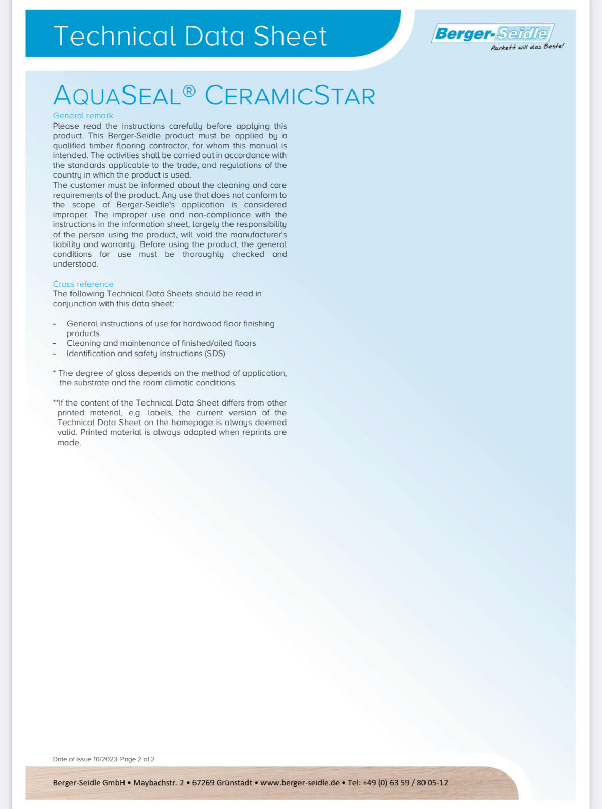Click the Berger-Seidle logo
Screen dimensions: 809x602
(492, 33)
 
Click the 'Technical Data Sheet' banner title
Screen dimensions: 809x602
(190, 36)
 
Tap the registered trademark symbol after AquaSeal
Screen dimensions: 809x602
(189, 91)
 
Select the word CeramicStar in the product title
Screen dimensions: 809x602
(290, 96)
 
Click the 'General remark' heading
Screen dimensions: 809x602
(83, 116)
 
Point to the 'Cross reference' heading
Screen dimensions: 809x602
(83, 284)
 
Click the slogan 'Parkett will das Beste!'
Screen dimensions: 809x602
(527, 47)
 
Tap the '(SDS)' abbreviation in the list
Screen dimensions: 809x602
(215, 354)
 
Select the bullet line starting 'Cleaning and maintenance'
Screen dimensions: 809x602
(161, 343)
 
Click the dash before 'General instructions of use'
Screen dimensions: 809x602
(55, 324)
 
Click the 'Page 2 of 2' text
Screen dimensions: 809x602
(137, 759)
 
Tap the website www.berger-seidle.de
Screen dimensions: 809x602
(300, 783)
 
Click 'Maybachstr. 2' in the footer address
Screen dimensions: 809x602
(158, 783)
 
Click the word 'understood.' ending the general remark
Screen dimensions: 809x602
(75, 264)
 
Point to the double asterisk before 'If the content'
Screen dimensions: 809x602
(55, 402)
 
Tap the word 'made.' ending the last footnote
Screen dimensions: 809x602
(69, 443)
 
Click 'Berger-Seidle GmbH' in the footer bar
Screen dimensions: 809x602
(88, 783)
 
